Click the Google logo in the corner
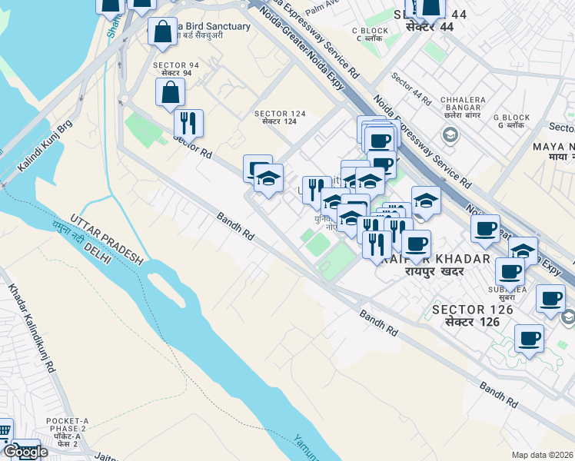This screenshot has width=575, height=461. (x=25, y=452)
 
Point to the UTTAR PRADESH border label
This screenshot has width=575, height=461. (x=107, y=238)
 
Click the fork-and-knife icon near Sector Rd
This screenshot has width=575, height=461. (x=188, y=121)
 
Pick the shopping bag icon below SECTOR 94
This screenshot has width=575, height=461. (x=170, y=92)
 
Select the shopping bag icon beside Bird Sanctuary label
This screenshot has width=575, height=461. (x=163, y=32)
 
